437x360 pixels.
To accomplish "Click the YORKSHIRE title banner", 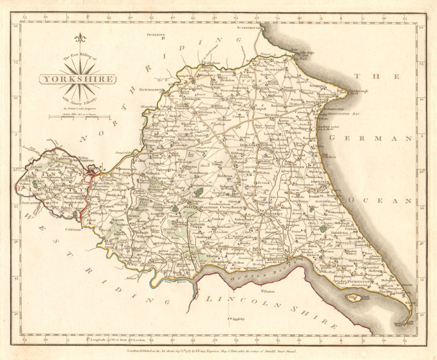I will tap(78, 79).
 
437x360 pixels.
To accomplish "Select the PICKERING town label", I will tap(156, 35).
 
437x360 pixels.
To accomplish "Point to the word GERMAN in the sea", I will tap(371, 138).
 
